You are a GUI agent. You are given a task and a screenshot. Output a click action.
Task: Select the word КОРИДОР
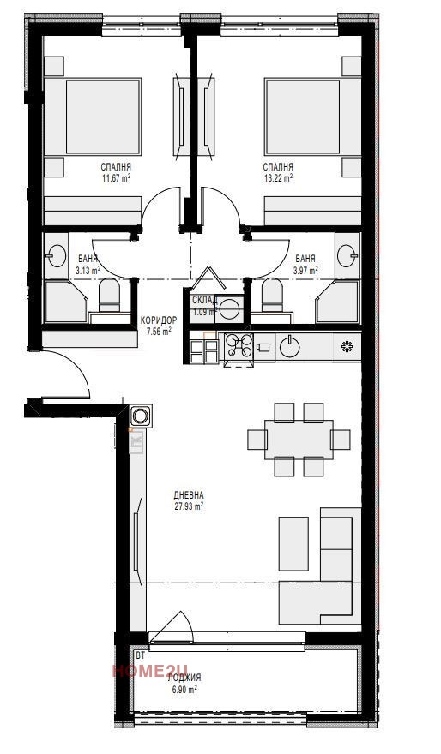(x=159, y=320)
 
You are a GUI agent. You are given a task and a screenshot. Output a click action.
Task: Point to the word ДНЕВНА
(x=188, y=495)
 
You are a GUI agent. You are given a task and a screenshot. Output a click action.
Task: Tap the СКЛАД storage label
(x=203, y=300)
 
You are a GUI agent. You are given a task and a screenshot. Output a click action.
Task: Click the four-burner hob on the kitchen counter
(x=239, y=346)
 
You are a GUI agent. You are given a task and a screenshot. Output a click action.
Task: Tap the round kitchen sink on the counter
(x=290, y=347)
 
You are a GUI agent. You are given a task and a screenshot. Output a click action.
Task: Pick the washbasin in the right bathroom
(x=347, y=254)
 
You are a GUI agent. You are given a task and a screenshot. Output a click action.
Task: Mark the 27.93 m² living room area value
(x=188, y=506)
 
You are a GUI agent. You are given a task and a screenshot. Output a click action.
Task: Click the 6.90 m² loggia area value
(x=184, y=688)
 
